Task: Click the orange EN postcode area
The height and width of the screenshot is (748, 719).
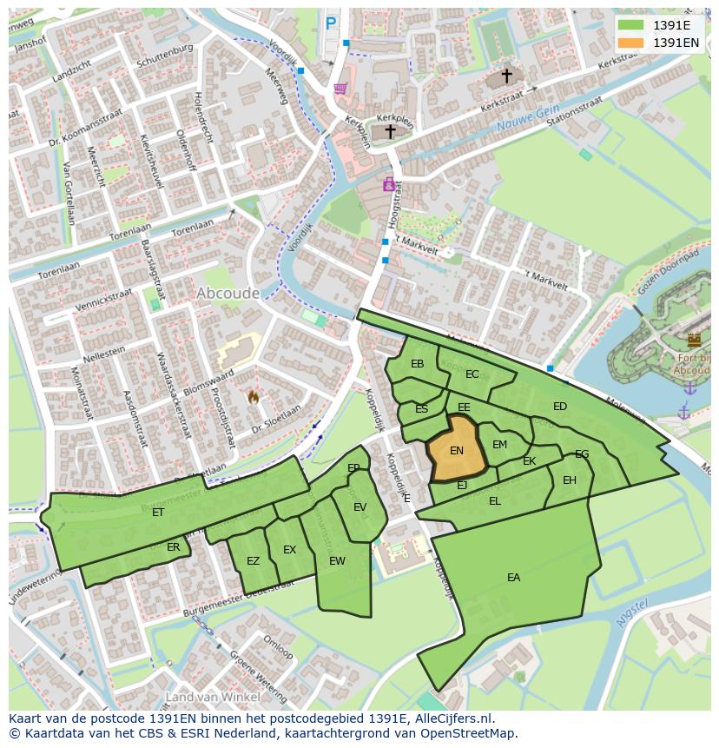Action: [x=456, y=449]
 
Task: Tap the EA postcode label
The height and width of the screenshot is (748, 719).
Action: [x=513, y=578]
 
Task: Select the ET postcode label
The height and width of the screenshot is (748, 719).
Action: [x=158, y=513]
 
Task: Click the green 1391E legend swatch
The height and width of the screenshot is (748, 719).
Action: [x=631, y=24]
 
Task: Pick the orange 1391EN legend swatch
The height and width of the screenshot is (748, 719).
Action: [x=631, y=42]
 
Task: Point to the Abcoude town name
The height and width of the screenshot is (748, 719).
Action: [x=228, y=294]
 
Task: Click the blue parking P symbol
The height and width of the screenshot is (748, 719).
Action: [x=330, y=24]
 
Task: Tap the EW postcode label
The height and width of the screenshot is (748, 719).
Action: [x=337, y=561]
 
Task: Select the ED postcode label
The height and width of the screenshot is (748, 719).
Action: [x=560, y=407]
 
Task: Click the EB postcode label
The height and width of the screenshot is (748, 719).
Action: [x=417, y=364]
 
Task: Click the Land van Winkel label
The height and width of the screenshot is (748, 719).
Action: [x=213, y=697]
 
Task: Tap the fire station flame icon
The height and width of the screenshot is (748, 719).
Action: [x=254, y=396]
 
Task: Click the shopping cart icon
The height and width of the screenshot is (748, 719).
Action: [x=340, y=88]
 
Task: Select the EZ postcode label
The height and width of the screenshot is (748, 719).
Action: [x=253, y=561]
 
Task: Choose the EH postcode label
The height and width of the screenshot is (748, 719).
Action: [x=570, y=480]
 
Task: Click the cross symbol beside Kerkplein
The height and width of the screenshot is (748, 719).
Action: [x=390, y=131]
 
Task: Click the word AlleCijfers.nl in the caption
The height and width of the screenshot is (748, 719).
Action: [x=451, y=718]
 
